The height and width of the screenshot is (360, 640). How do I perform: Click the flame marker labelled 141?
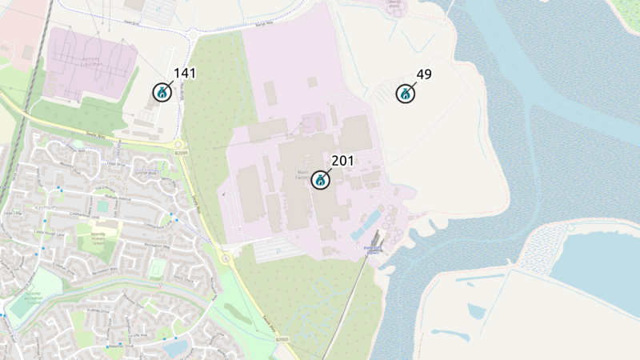point(162,92)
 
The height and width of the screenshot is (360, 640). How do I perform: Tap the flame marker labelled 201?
point(321,179)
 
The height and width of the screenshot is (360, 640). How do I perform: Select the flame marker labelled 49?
point(406,94)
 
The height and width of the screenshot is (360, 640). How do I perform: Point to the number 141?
point(184,74)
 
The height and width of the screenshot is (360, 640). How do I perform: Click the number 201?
point(342,161)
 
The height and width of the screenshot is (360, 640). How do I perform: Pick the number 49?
point(424,74)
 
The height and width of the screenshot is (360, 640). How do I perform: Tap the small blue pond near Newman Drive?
point(174,347)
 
